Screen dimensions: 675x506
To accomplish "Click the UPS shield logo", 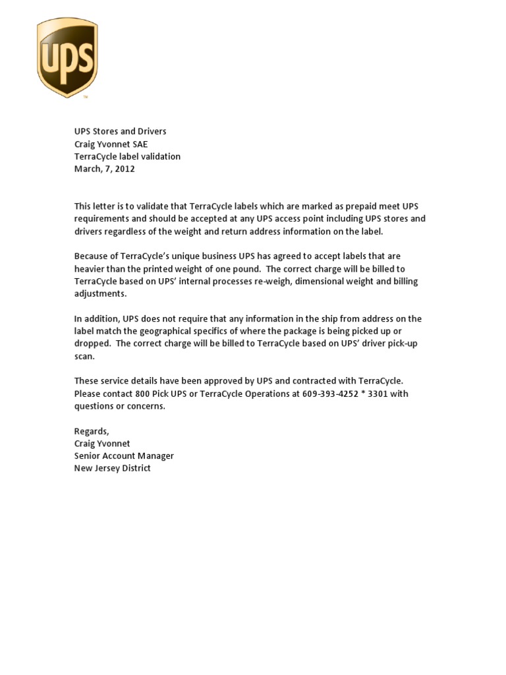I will click(x=67, y=57).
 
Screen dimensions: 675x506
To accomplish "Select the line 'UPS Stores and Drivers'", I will click(x=120, y=131).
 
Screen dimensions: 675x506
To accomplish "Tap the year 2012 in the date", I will click(x=124, y=169).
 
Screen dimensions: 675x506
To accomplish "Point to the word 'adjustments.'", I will click(x=100, y=293).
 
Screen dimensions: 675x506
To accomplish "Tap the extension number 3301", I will click(x=382, y=394).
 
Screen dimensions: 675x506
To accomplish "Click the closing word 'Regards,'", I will click(x=92, y=431).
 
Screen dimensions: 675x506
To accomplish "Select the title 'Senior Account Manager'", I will click(x=124, y=455).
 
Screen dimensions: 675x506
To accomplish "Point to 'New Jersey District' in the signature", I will click(x=112, y=468).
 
